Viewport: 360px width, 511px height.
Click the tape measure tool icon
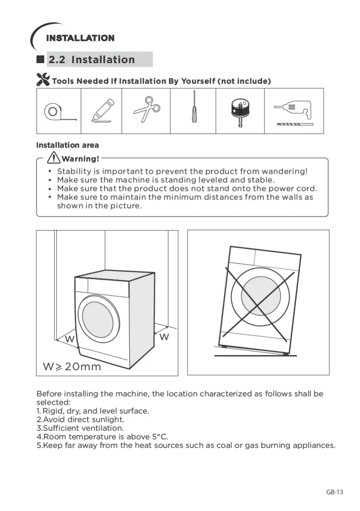click(57, 112)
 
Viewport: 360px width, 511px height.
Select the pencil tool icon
click(102, 111)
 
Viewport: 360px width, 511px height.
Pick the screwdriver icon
click(194, 106)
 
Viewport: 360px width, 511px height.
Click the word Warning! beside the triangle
click(81, 159)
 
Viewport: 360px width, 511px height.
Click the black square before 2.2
click(41, 60)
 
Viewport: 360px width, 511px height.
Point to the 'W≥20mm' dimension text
click(72, 367)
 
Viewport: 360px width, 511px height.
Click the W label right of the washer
click(164, 337)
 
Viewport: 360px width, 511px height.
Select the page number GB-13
click(335, 492)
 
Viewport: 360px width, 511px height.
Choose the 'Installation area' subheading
click(67, 145)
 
